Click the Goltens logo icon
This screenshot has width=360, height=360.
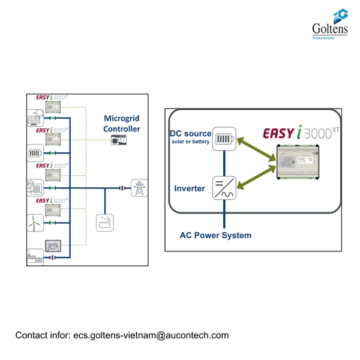click(x=340, y=16)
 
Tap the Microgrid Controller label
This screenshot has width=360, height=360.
click(x=122, y=124)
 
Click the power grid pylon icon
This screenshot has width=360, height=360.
click(x=139, y=187)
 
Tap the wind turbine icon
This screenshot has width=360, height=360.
click(x=34, y=221)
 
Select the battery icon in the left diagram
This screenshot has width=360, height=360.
click(x=34, y=152)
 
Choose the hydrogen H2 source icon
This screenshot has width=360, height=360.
click(x=34, y=187)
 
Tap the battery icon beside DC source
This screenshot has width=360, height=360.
click(x=224, y=140)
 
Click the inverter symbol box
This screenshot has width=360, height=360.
click(x=224, y=187)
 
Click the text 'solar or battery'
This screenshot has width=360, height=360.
click(x=191, y=142)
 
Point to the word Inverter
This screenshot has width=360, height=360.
click(x=190, y=188)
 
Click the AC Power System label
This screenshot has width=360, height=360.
click(x=215, y=235)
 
